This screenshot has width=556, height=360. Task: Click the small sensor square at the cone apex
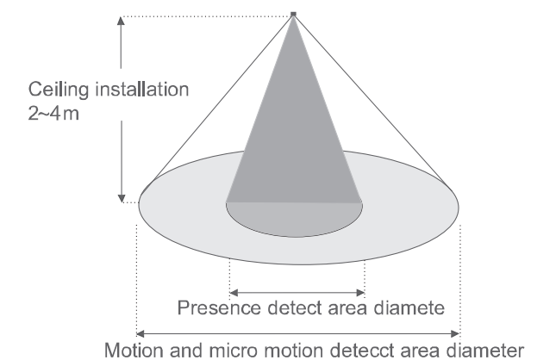point(294,14)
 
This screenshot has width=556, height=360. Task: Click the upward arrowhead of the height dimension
point(121,22)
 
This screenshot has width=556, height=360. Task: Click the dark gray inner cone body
point(293,129)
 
